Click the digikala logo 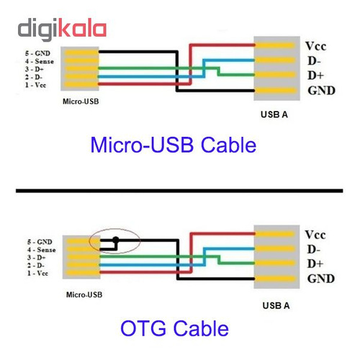(x=62, y=29)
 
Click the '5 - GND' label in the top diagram (x=37, y=53)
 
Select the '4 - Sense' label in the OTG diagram (x=41, y=250)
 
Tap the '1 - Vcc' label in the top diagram (x=35, y=85)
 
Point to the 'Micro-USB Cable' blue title (x=174, y=145)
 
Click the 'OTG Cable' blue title (x=174, y=328)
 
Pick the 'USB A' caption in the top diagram (x=274, y=114)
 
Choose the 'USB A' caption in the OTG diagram (x=276, y=305)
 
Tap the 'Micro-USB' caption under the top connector (x=81, y=102)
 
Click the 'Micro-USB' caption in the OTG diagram (x=84, y=294)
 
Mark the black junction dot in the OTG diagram (x=116, y=239)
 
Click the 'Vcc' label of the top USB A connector (x=315, y=46)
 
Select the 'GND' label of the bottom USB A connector (x=321, y=279)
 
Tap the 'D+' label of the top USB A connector (x=315, y=76)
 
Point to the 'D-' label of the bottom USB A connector (x=314, y=250)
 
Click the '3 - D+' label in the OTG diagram (x=36, y=258)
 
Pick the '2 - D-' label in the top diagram (x=34, y=77)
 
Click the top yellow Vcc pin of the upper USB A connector (x=275, y=45)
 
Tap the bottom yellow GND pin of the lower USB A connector (x=275, y=279)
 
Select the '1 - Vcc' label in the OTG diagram (x=37, y=274)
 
